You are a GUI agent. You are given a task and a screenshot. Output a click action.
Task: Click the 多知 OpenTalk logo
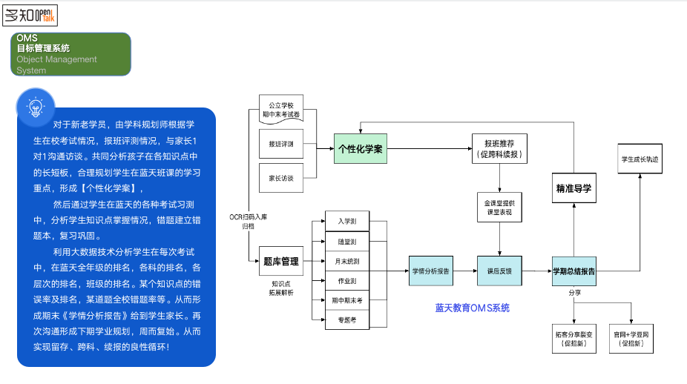[x=30, y=15]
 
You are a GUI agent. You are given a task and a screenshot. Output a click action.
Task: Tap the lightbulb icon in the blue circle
[x=35, y=106]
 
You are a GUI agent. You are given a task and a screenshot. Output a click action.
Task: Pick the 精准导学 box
[x=573, y=190]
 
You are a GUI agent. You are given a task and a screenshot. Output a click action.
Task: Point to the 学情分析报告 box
[x=431, y=271]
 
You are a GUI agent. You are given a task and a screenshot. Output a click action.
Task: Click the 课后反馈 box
[x=499, y=271]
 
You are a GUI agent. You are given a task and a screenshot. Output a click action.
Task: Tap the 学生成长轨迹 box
[x=640, y=159]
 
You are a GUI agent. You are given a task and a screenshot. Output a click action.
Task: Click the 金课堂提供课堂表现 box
[x=499, y=208]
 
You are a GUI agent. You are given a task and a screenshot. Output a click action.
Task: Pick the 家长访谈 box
[x=280, y=178]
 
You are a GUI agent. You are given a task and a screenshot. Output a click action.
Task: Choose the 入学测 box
[x=346, y=221]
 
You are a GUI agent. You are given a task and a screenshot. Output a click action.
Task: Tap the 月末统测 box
[x=346, y=261]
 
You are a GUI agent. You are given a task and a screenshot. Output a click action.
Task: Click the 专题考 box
[x=346, y=321]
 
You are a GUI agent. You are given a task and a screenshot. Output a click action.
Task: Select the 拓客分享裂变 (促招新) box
[x=574, y=339]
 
